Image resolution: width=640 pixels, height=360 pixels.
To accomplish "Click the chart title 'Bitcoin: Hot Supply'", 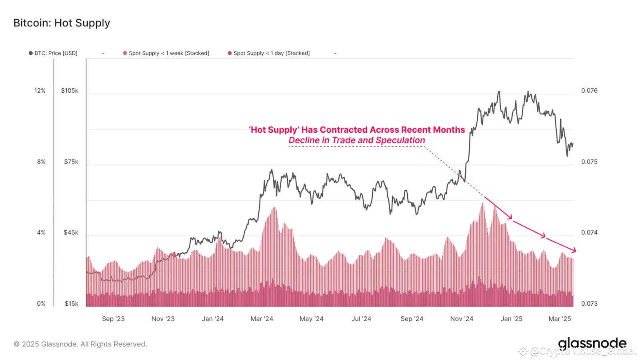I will click(x=62, y=23).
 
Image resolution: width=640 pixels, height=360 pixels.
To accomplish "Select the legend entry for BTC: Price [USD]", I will click(x=53, y=53).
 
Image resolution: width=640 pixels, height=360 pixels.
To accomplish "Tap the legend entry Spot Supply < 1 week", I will click(x=166, y=53).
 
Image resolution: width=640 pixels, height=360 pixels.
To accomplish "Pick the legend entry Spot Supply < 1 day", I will click(x=269, y=53).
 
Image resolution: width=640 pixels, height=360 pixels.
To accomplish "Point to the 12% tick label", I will click(x=40, y=91).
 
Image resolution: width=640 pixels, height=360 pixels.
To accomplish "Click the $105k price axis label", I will click(x=70, y=91).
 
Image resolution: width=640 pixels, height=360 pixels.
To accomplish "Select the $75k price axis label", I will click(x=71, y=162).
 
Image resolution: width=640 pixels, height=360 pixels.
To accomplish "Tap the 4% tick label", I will click(x=41, y=233).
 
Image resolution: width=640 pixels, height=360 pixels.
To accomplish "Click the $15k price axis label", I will click(x=71, y=304).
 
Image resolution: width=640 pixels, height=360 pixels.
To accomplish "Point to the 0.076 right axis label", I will click(x=589, y=91).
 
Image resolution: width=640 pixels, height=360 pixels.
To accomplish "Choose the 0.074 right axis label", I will click(x=589, y=233).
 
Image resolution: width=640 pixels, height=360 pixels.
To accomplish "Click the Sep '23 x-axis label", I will click(x=113, y=319).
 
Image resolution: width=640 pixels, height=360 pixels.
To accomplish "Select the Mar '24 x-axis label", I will click(x=262, y=319).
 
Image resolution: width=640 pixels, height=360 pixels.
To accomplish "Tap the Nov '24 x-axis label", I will click(x=462, y=319).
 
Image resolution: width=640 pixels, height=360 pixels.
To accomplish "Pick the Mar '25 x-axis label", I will click(x=560, y=319).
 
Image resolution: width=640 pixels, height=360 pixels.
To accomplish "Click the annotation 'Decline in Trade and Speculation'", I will click(x=357, y=140).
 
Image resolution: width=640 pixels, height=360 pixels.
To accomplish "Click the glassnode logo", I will click(x=592, y=343).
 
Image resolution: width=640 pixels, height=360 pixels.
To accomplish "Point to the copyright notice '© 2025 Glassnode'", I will click(x=80, y=344).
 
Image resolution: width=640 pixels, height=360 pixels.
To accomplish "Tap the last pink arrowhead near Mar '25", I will click(x=574, y=250).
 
